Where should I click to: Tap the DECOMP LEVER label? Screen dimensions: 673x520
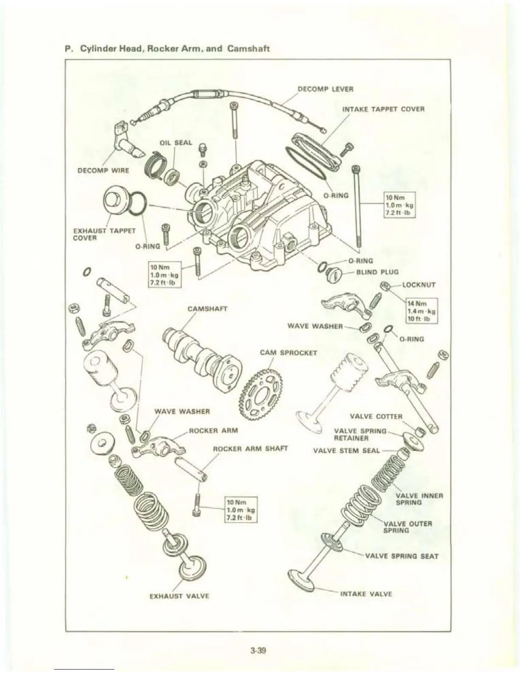[325, 89]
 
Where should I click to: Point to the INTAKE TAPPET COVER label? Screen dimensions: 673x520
[383, 109]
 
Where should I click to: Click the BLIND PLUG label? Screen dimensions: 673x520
[377, 272]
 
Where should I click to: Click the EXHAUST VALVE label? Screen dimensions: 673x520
[179, 596]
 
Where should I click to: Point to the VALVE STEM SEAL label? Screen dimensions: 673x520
[346, 450]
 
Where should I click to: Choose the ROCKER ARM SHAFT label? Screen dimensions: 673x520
[250, 449]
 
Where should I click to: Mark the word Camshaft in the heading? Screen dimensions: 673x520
[249, 48]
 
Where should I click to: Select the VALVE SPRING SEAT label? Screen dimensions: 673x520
[401, 556]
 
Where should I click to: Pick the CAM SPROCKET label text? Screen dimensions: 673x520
[288, 353]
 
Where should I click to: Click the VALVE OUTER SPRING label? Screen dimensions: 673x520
[407, 527]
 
